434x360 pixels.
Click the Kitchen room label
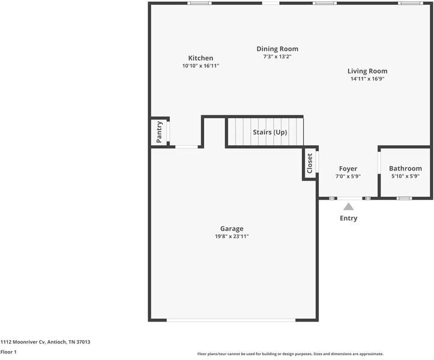pos(200,58)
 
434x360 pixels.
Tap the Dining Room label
pos(277,49)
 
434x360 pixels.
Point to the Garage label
pos(232,229)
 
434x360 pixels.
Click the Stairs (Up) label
pos(270,132)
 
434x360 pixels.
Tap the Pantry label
pos(159,131)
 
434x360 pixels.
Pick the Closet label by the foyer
pos(310,163)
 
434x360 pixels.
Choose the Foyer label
pos(348,169)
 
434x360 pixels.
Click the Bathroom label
pos(405,169)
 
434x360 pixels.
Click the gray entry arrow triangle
pos(348,206)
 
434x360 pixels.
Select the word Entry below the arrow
pos(348,218)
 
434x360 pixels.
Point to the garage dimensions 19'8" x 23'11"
pos(232,236)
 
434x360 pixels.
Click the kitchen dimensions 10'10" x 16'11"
pos(200,65)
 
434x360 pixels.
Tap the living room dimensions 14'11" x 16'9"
pos(367,79)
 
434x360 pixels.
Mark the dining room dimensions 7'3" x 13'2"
pos(277,57)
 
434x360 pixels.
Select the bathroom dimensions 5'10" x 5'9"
pos(405,176)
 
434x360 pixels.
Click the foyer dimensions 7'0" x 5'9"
pos(348,176)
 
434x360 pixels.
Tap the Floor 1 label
pos(8,352)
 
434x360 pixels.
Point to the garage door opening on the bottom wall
pos(231,320)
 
